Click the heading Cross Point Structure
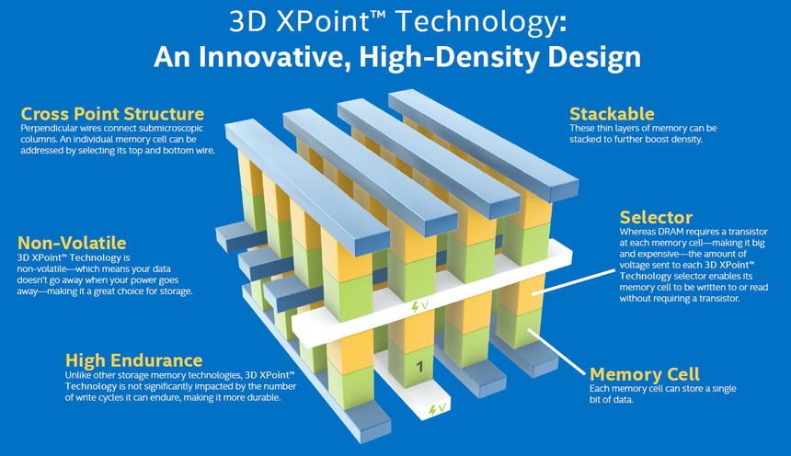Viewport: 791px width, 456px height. [112, 114]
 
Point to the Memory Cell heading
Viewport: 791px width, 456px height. [645, 374]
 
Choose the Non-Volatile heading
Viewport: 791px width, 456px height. [72, 243]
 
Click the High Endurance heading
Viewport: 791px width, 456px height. [133, 360]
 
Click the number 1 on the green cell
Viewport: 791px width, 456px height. [419, 368]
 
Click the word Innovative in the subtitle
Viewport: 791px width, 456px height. [252, 57]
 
